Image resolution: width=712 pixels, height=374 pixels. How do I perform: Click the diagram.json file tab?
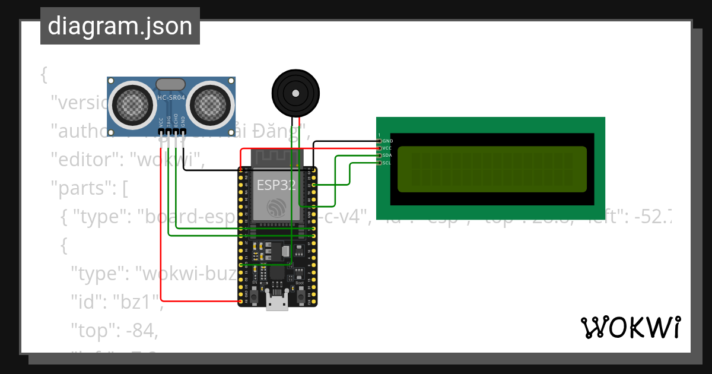click(x=120, y=26)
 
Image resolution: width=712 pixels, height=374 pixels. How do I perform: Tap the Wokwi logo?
click(x=630, y=328)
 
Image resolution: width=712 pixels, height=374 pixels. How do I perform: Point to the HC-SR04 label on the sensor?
click(x=171, y=97)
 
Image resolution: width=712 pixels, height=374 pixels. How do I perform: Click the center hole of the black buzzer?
click(x=295, y=93)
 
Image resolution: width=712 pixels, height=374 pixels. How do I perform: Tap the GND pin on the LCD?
click(x=380, y=141)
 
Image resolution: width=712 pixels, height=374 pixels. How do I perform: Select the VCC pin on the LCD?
click(x=380, y=148)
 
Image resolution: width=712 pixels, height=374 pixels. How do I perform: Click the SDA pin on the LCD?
click(x=380, y=156)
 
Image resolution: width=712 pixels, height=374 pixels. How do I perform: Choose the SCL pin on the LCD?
click(x=380, y=163)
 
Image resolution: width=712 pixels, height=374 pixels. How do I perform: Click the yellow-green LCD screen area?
click(x=492, y=169)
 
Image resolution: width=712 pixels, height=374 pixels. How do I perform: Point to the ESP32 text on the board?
click(x=276, y=185)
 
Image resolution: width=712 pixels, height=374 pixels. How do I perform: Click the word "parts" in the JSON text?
click(x=81, y=189)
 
